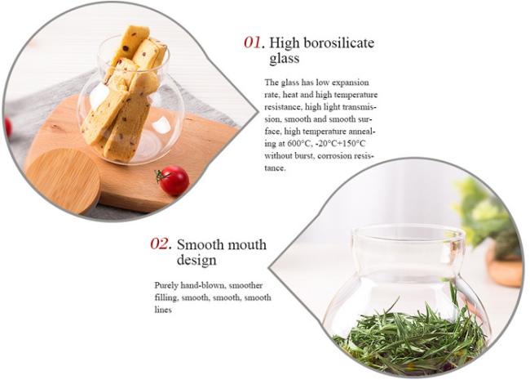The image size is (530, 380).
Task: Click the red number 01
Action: click(x=252, y=43)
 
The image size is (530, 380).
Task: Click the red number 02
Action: click(x=160, y=244)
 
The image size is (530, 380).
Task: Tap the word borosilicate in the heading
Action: click(x=339, y=43)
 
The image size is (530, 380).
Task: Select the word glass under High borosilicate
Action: click(x=285, y=59)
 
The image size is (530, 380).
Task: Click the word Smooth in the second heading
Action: click(x=200, y=244)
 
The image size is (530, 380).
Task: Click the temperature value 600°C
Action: click(x=297, y=143)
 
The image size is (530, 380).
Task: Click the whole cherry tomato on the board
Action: click(x=174, y=180)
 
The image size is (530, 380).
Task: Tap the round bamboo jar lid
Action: click(x=63, y=181)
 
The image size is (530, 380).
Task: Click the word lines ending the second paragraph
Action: click(x=163, y=310)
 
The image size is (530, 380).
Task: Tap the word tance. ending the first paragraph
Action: click(x=275, y=168)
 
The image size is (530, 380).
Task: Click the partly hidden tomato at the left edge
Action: click(x=8, y=127)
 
